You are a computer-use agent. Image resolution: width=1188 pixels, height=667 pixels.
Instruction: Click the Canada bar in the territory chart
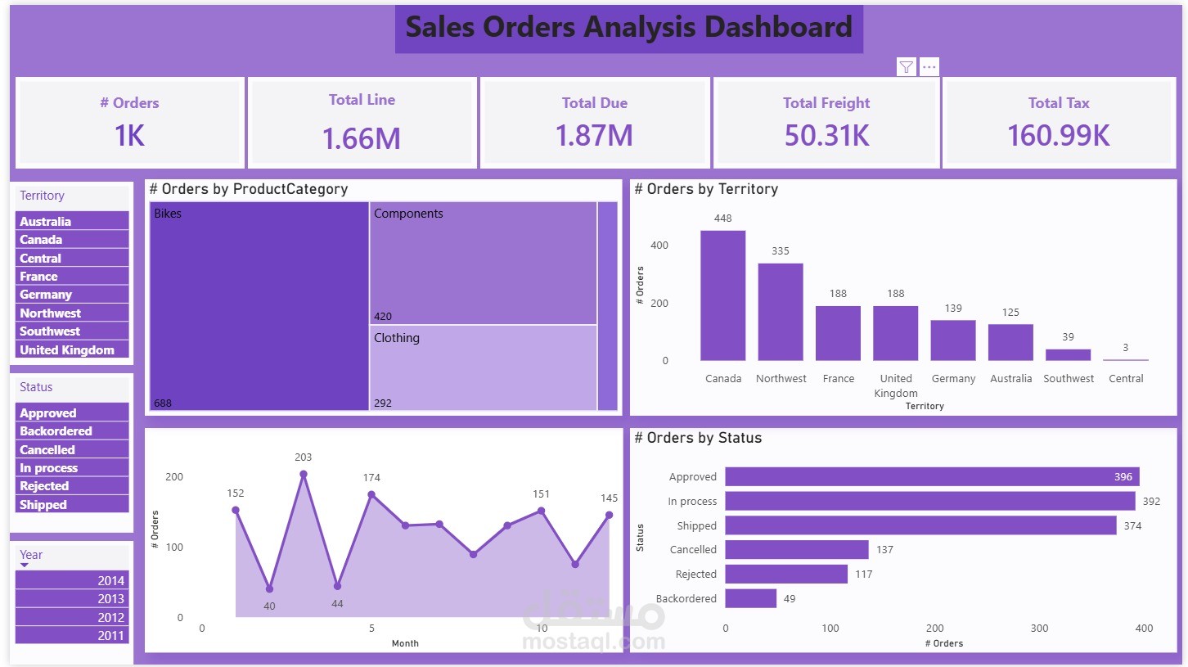tap(722, 295)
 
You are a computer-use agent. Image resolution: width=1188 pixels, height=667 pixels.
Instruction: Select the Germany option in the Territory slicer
tap(72, 295)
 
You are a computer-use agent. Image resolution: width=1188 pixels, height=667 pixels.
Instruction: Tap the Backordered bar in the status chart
tap(750, 598)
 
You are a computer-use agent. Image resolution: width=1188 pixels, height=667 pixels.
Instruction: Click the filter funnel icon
tap(906, 67)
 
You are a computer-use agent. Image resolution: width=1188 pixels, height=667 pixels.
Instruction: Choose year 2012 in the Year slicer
tap(72, 617)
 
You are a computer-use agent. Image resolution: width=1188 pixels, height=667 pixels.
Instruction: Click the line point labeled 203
tap(304, 474)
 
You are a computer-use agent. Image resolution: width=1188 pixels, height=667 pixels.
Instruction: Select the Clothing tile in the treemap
tap(483, 368)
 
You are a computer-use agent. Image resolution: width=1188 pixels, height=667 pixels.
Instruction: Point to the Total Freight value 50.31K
tap(826, 135)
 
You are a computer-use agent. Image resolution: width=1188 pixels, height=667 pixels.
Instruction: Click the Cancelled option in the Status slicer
tap(72, 450)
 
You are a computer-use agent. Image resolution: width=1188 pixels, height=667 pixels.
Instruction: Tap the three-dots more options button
tap(929, 67)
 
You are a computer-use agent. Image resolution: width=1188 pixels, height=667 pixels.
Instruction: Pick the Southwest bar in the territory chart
tap(1068, 355)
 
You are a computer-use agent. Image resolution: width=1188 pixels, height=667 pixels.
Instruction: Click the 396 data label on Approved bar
tap(1123, 477)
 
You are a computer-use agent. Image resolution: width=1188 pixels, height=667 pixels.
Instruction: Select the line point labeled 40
tap(269, 589)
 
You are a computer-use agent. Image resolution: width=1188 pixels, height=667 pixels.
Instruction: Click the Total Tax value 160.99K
tap(1058, 135)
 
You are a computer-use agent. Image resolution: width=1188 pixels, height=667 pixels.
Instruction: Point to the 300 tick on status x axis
tap(1039, 629)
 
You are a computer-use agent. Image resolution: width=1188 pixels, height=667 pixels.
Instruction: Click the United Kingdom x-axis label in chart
tap(896, 385)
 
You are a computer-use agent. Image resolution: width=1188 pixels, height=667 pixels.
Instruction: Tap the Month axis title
tap(405, 643)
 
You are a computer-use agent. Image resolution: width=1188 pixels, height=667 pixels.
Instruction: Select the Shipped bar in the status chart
tap(920, 525)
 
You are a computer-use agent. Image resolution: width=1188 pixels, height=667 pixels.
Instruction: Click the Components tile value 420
tap(383, 317)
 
